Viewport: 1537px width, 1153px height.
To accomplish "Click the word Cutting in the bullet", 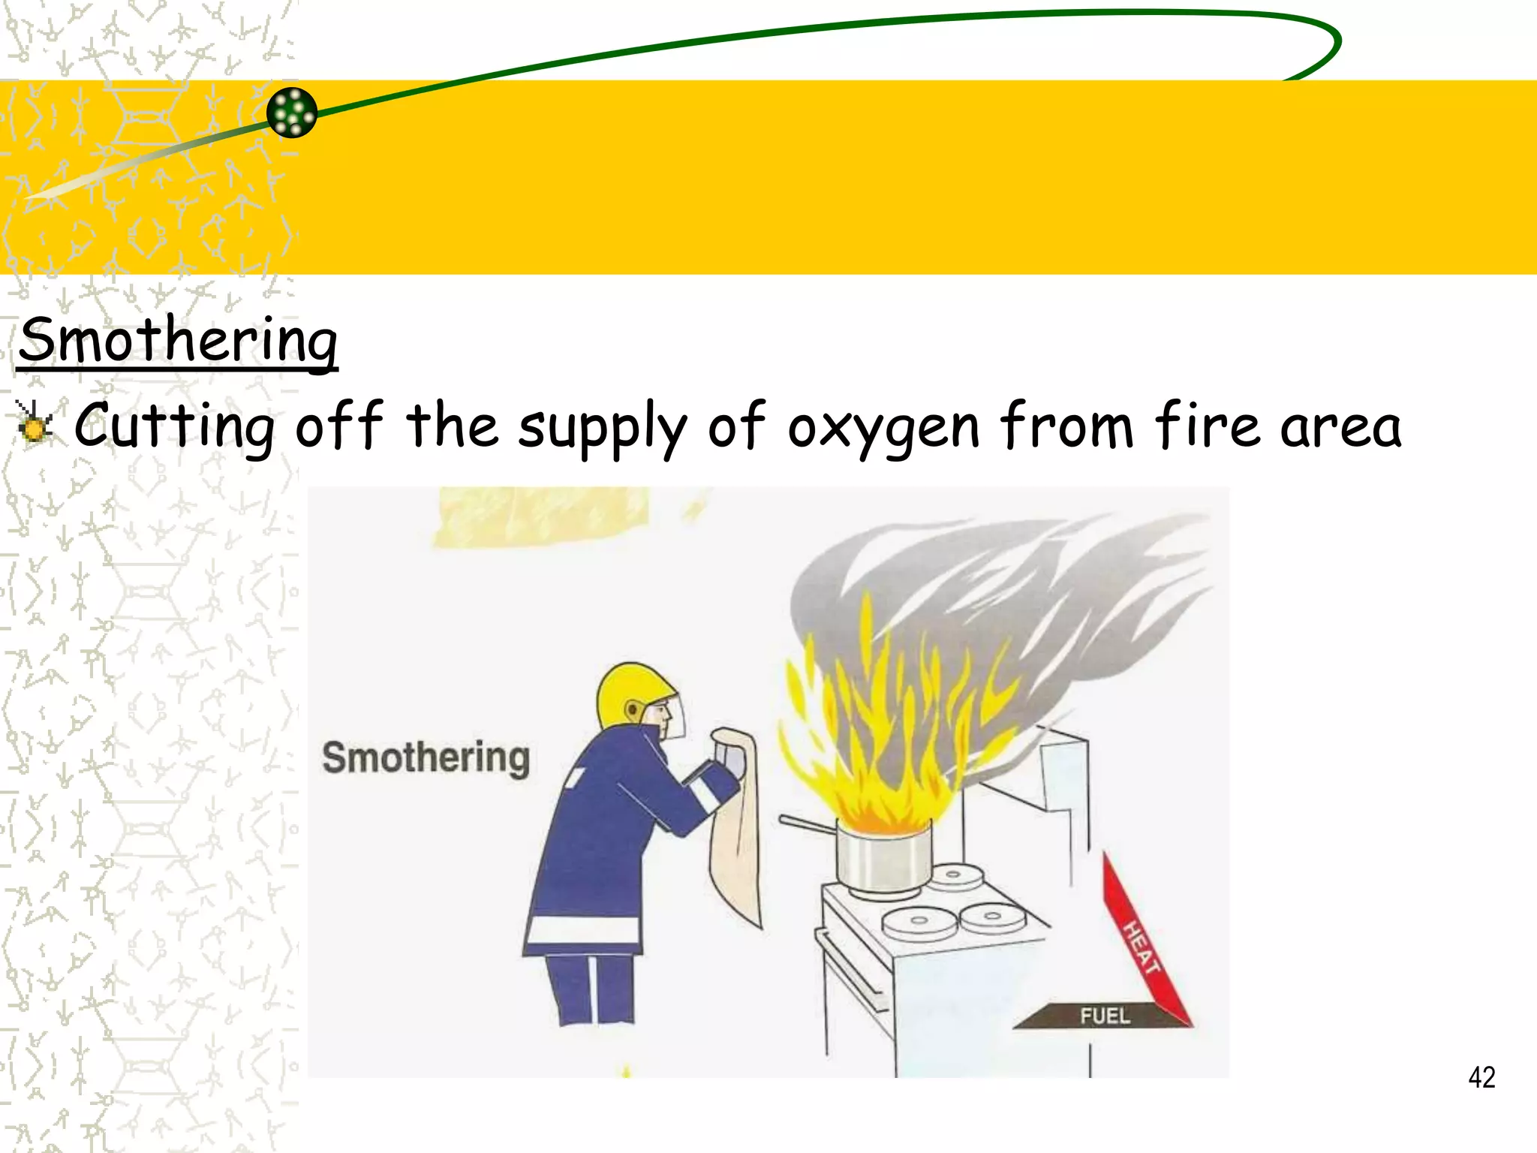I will click(x=174, y=426).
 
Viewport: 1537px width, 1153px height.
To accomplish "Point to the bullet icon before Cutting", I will click(x=34, y=423).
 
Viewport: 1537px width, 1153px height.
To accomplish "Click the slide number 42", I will click(x=1481, y=1077).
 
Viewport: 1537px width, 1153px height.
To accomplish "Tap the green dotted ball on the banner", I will click(x=292, y=113).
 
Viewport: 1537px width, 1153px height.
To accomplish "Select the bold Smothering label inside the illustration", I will click(x=426, y=757).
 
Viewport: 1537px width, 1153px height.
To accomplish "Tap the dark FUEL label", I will click(x=1104, y=1016).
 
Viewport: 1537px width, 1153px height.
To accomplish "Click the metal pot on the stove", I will click(x=883, y=856).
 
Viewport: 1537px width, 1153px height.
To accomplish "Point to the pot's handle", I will click(x=807, y=824).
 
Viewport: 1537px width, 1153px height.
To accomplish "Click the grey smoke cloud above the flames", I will click(x=998, y=586).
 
